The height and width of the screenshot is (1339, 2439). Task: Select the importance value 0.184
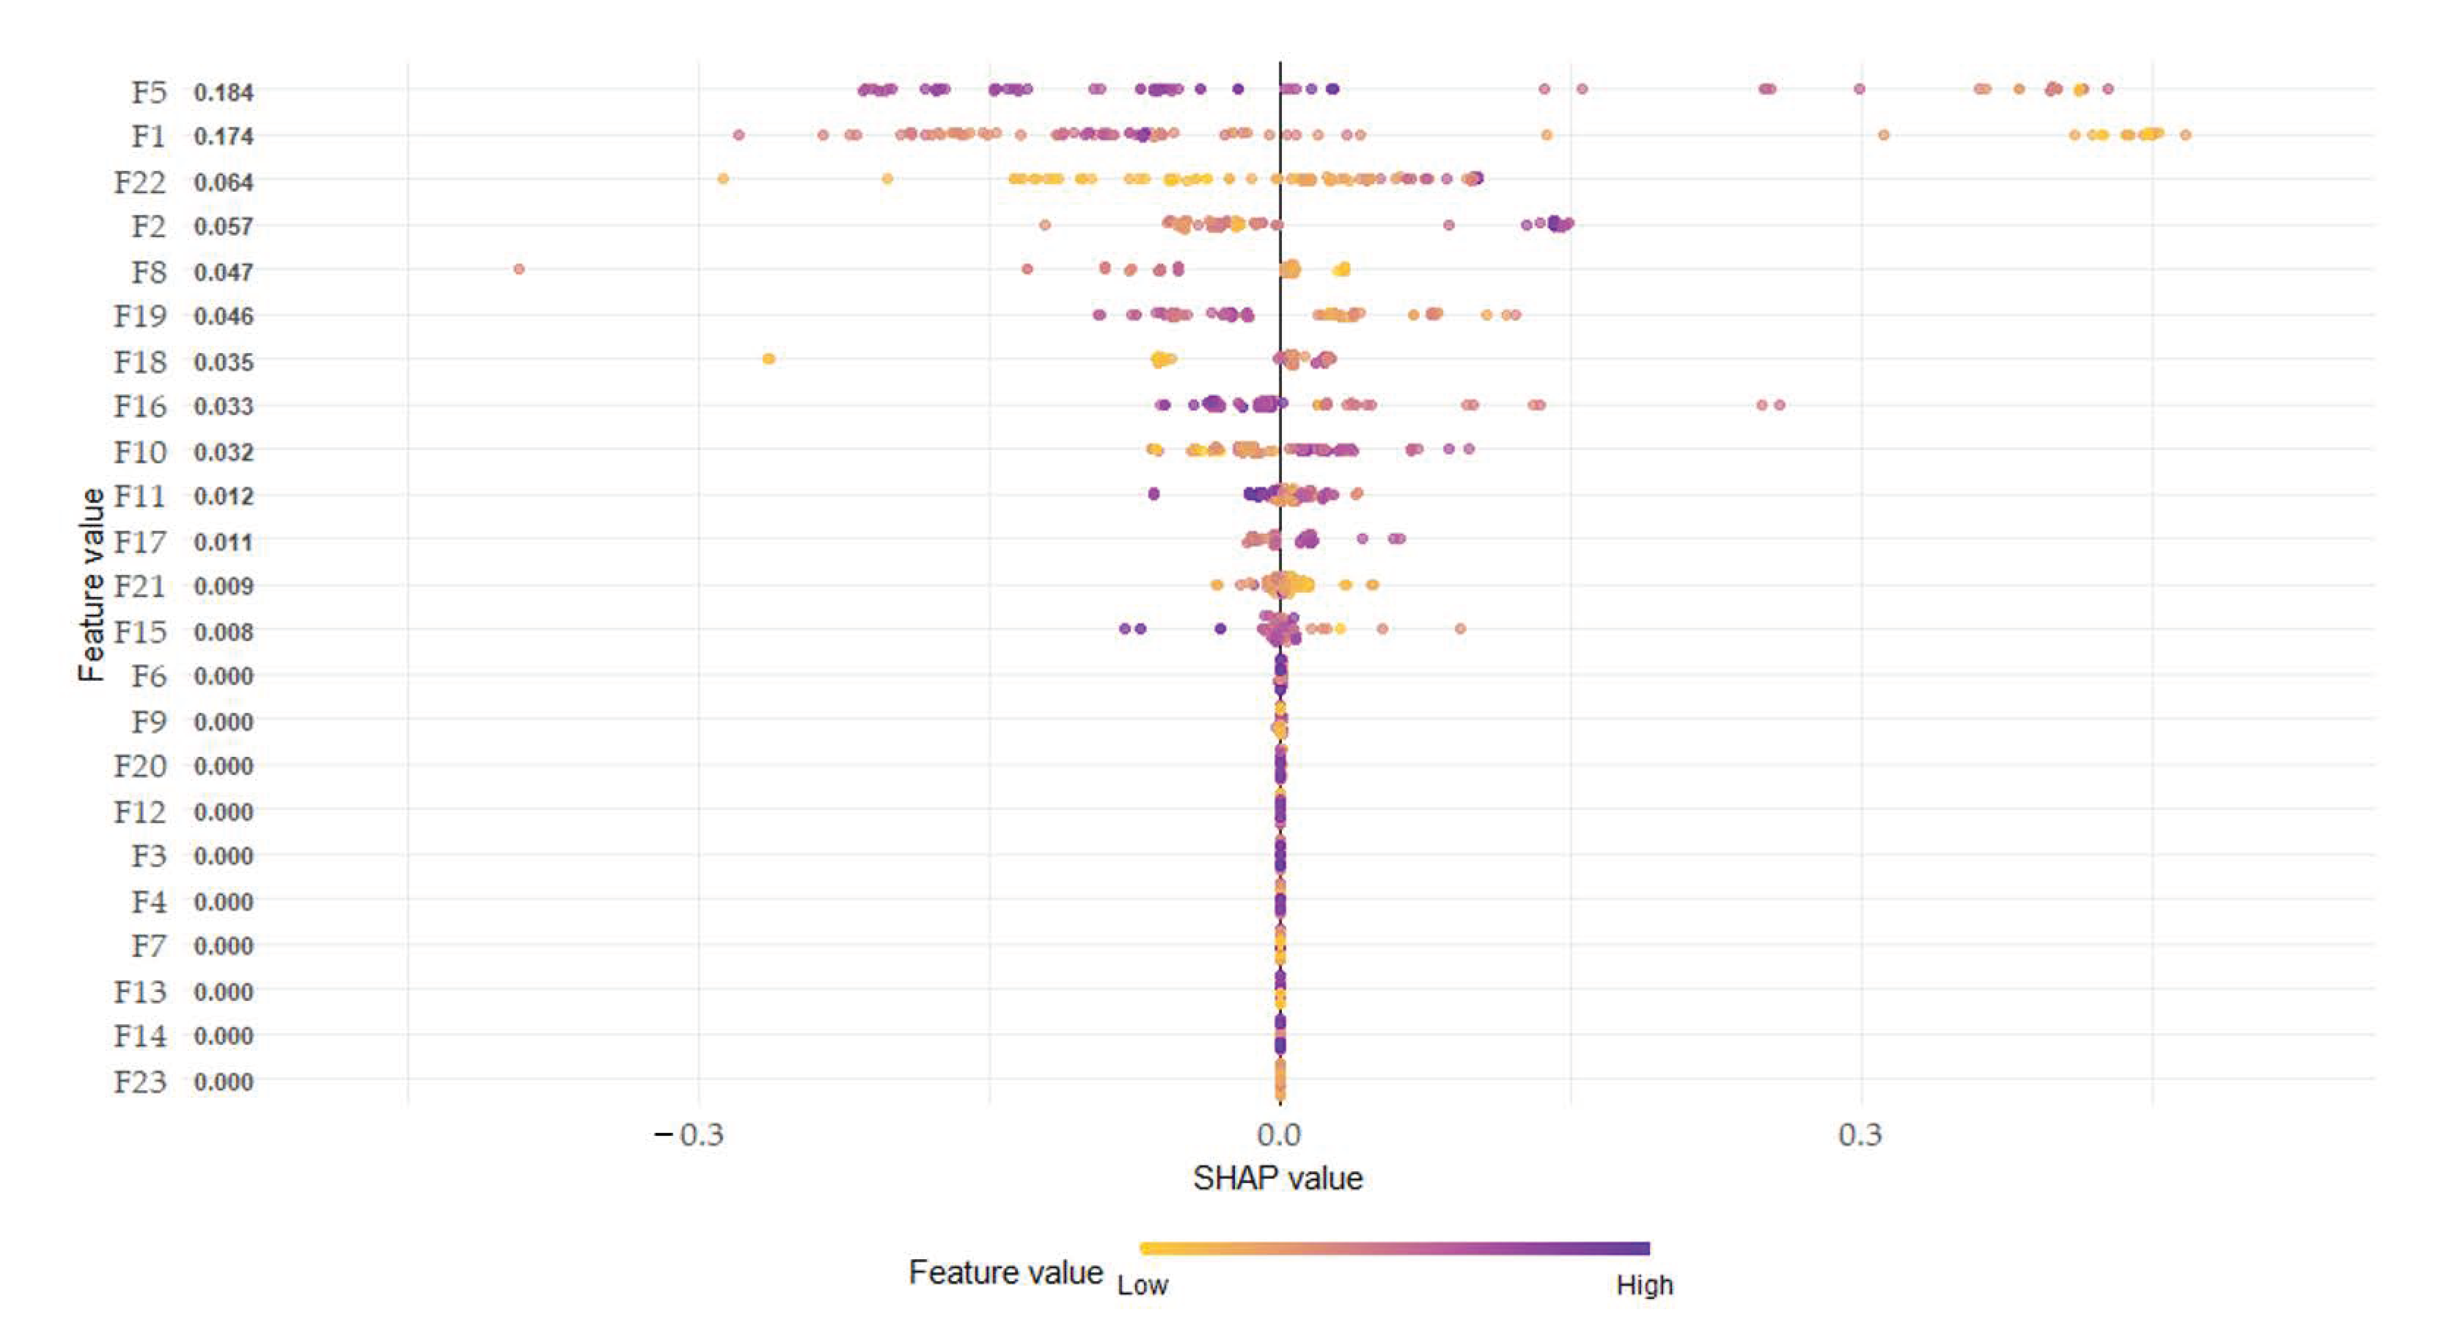[x=223, y=93]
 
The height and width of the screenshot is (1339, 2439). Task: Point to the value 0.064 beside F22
[x=223, y=182]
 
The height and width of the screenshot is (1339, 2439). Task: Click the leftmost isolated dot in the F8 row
[x=519, y=269]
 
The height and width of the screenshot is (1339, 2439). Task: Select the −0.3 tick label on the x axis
[x=689, y=1134]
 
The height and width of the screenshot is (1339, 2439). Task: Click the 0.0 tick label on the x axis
[x=1279, y=1134]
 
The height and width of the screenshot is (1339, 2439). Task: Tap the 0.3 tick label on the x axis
[x=1861, y=1134]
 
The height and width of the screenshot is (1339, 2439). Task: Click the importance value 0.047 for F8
[x=223, y=273]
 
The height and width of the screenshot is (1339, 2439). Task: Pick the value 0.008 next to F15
[x=223, y=632]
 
